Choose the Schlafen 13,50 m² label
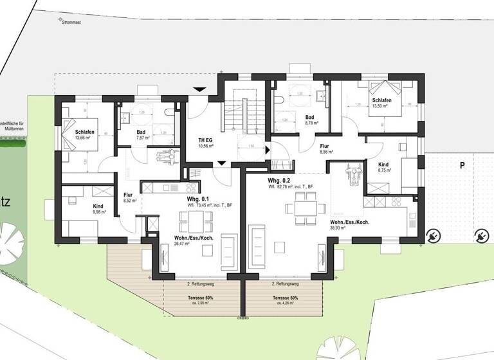point(380,103)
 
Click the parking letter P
point(461,165)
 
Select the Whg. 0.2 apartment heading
point(281,181)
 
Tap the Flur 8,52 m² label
point(127,196)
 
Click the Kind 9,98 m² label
point(84,208)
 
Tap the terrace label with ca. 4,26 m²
point(284,301)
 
